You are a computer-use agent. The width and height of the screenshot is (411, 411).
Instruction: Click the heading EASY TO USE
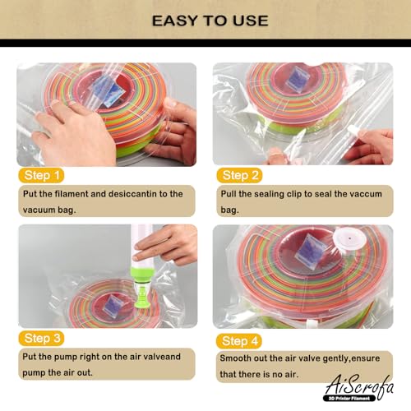[205, 18]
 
